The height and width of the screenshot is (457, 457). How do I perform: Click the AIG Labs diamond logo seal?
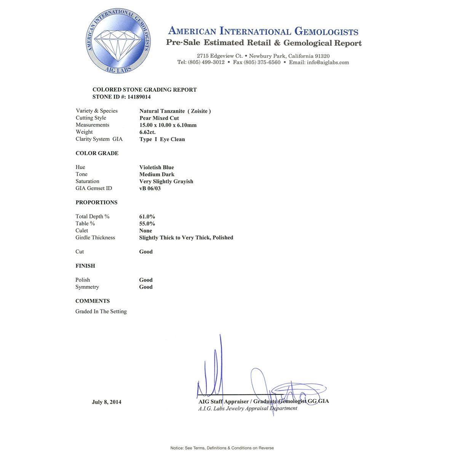[x=118, y=41]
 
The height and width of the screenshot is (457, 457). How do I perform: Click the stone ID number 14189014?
[x=139, y=97]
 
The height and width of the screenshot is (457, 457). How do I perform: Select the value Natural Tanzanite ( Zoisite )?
[x=175, y=111]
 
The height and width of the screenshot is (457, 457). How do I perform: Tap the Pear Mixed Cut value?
[x=159, y=118]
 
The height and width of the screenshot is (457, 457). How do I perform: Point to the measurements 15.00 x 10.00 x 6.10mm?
[x=168, y=125]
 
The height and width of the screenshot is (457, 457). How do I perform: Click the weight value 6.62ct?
[x=147, y=132]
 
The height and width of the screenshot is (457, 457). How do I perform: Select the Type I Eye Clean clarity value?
[x=162, y=139]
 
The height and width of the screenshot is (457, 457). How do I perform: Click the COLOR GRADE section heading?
[x=97, y=153]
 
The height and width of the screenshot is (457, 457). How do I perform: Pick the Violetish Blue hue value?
[x=157, y=167]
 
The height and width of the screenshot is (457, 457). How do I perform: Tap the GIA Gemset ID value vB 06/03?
[x=150, y=189]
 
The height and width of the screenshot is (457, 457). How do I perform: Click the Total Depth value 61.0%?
[x=147, y=216]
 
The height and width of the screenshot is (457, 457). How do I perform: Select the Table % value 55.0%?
[x=147, y=224]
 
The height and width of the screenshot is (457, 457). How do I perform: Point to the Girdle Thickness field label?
[x=95, y=238]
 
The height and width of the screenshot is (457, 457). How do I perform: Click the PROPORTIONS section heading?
[x=96, y=202]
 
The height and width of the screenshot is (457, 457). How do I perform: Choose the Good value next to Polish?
[x=146, y=280]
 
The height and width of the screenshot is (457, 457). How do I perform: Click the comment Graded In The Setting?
[x=101, y=312]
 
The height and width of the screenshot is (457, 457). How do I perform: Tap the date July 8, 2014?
[x=107, y=402]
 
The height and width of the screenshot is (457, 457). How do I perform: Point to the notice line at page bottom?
[x=222, y=448]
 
